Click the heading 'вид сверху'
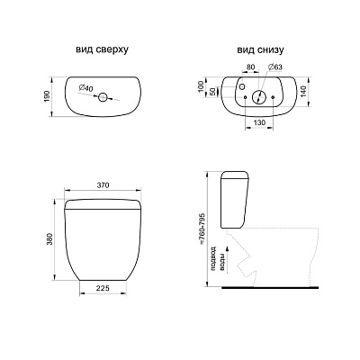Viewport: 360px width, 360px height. (102, 49)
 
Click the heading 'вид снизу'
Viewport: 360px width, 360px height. (260, 49)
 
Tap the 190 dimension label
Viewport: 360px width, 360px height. (47, 96)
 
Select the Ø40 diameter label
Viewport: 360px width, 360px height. (86, 88)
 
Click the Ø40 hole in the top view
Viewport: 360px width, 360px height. (103, 96)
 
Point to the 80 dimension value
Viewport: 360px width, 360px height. (251, 67)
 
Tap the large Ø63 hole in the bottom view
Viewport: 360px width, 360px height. (259, 97)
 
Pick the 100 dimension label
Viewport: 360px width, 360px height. (201, 86)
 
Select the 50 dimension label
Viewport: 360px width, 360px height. (212, 92)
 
